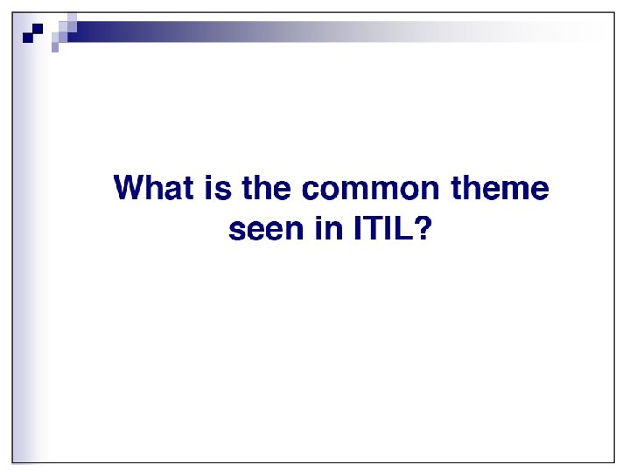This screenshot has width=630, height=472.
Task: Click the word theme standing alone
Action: (x=499, y=189)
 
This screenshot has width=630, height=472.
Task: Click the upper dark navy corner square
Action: (x=38, y=28)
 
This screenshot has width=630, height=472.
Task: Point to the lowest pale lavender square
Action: (x=55, y=48)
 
